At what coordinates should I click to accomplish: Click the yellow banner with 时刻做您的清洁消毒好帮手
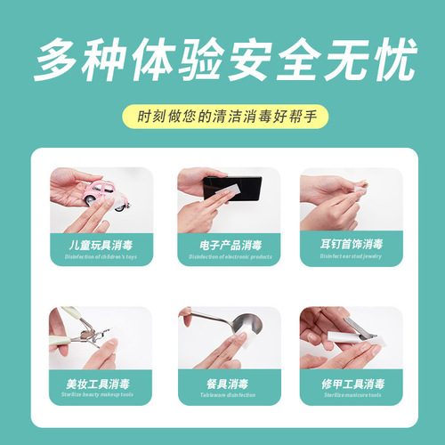pos(222,116)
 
